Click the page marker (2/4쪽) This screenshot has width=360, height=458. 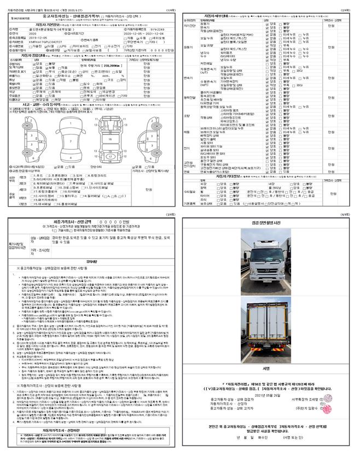click(x=347, y=4)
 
